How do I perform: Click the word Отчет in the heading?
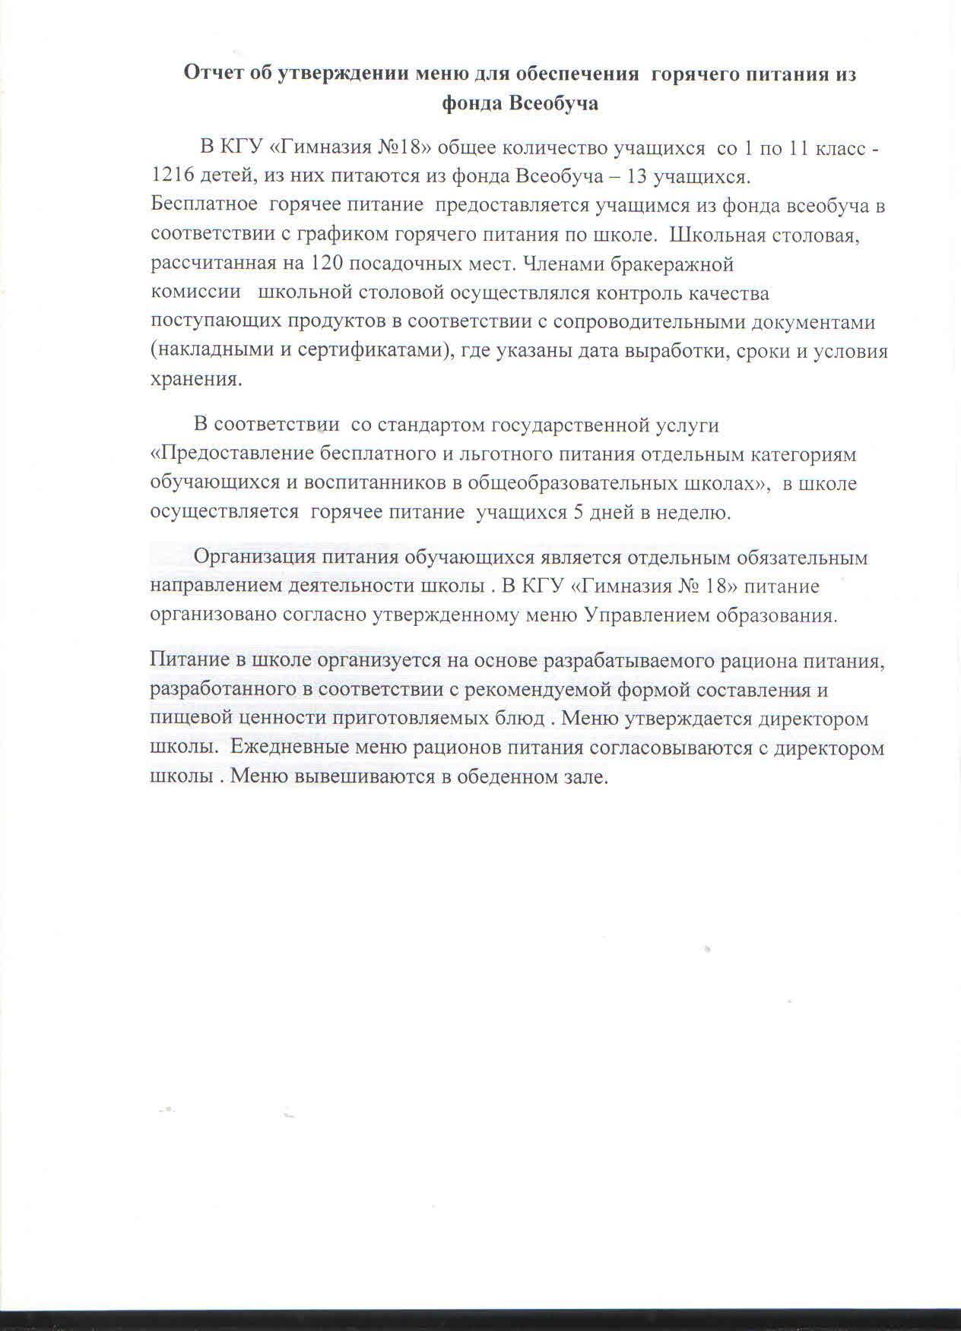click(x=215, y=74)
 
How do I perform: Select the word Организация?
click(x=255, y=557)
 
